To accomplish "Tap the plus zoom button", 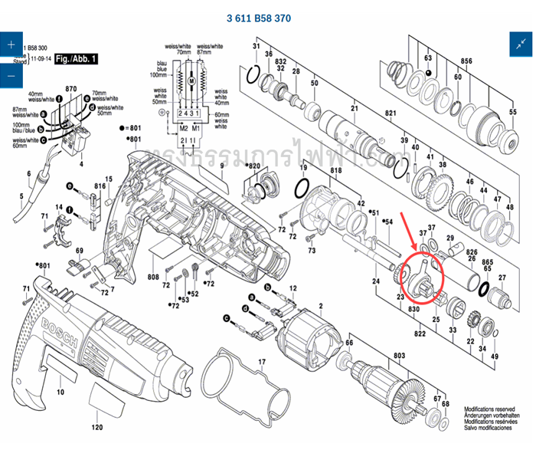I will point(11,44).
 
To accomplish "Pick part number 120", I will point(96,426).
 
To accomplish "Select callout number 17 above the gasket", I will point(261,362).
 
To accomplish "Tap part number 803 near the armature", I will point(399,356).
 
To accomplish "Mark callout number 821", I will point(390,113).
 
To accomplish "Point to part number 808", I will point(153,276).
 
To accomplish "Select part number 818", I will point(335,171).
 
